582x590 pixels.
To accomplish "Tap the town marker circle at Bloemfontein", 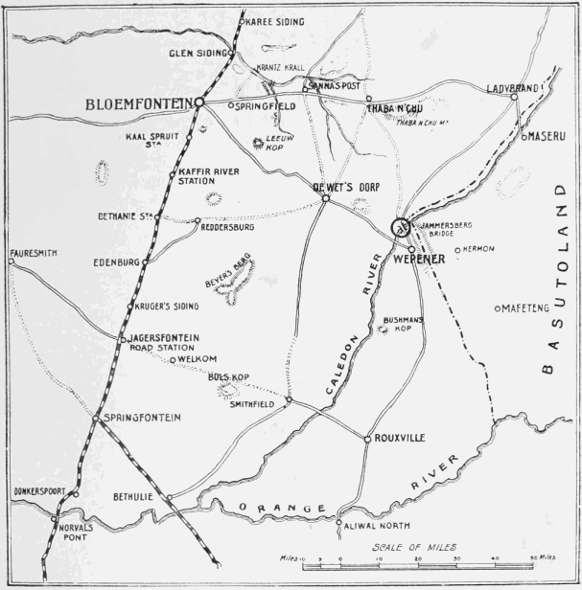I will [x=200, y=102].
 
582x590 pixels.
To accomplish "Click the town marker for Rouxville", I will [x=367, y=440].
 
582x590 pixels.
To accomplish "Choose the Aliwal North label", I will [x=374, y=528].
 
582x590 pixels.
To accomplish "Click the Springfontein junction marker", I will [x=96, y=419].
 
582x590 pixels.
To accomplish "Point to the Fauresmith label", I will [x=33, y=253].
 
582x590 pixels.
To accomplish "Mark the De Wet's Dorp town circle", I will [x=325, y=198].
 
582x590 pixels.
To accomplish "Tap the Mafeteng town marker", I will [x=497, y=308].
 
